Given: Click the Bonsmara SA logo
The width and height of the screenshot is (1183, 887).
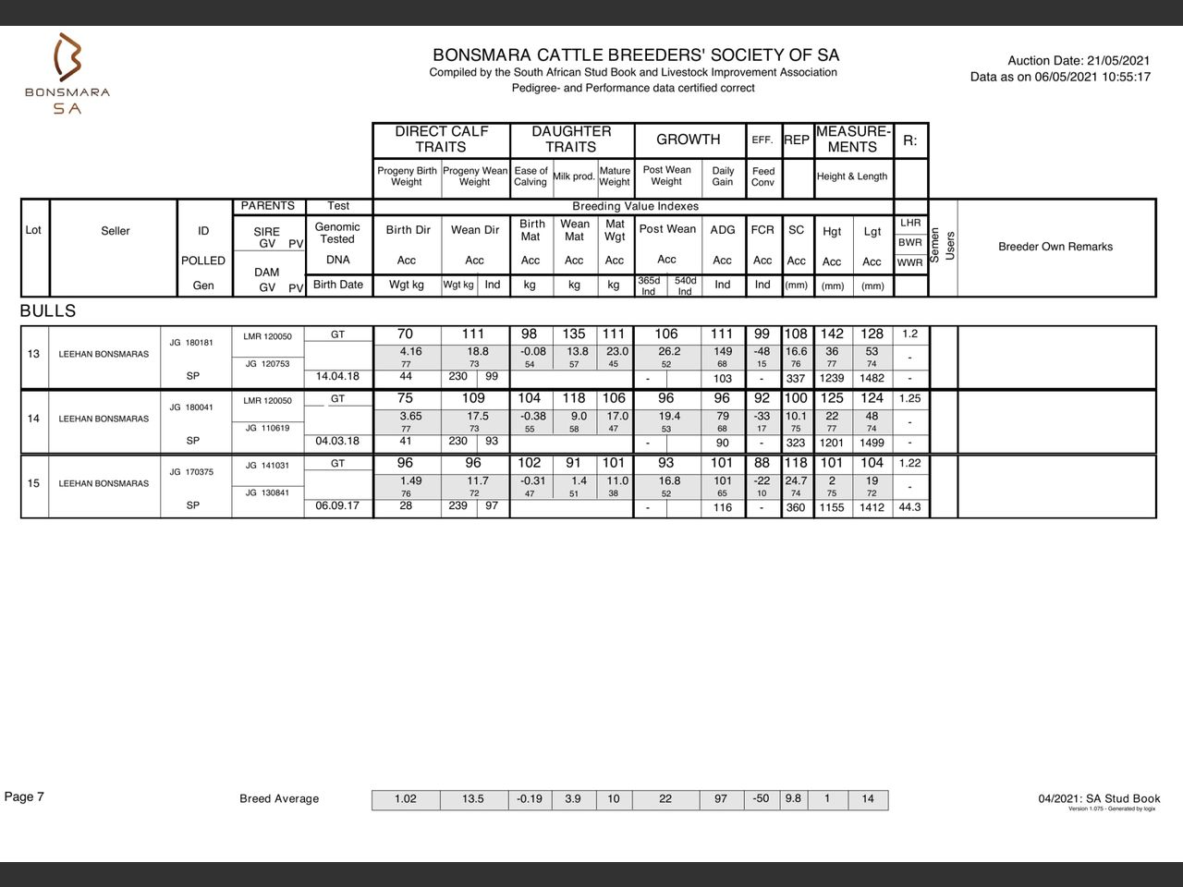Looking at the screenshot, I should pyautogui.click(x=67, y=74).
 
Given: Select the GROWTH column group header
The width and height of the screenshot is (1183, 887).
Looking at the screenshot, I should pyautogui.click(x=688, y=140).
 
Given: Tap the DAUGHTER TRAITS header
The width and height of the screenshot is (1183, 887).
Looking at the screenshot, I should pyautogui.click(x=571, y=140).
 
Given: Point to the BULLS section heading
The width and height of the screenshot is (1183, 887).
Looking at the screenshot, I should pyautogui.click(x=48, y=311).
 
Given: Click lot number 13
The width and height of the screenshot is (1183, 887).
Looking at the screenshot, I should pyautogui.click(x=33, y=354).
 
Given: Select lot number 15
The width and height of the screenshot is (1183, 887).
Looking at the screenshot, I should pyautogui.click(x=33, y=483).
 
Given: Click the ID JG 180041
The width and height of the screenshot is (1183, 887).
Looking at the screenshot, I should pyautogui.click(x=191, y=407).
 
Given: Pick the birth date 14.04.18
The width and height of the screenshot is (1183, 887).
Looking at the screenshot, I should pyautogui.click(x=337, y=377).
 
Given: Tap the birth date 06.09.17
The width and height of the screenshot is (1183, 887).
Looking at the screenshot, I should pyautogui.click(x=337, y=506).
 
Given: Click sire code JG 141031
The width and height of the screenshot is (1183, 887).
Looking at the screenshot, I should pyautogui.click(x=267, y=466).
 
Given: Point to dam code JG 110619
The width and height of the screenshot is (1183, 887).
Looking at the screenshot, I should pyautogui.click(x=267, y=428).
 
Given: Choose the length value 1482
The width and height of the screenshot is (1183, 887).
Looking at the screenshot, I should pyautogui.click(x=872, y=378).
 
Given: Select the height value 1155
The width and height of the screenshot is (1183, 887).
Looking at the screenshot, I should pyautogui.click(x=832, y=507).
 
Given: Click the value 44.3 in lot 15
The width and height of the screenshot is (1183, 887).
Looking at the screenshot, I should pyautogui.click(x=909, y=507).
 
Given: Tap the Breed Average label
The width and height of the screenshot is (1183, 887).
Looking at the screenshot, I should pyautogui.click(x=279, y=799).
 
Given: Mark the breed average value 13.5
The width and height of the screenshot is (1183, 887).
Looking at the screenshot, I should pyautogui.click(x=473, y=799).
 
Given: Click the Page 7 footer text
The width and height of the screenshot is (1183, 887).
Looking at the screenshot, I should pyautogui.click(x=24, y=797).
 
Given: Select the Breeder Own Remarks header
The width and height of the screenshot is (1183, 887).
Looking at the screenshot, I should pyautogui.click(x=1055, y=247).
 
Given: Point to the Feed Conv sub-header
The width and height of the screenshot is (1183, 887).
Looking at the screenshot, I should pyautogui.click(x=763, y=176).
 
